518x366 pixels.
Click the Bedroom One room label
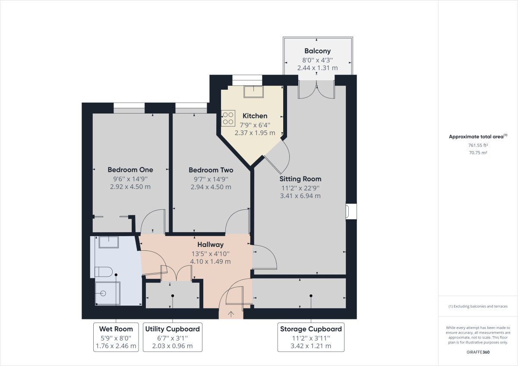coord(130,170)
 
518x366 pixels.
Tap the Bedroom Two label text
coord(211,170)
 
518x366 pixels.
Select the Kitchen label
coord(255,116)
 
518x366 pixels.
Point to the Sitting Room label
coord(300,179)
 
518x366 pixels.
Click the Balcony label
coord(318,51)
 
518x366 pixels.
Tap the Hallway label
coord(211,245)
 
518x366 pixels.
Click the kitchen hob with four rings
coord(228,118)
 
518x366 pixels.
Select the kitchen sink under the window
coord(253,92)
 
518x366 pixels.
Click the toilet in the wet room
coord(104,271)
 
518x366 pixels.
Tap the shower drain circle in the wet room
coord(103,293)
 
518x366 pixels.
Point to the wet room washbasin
coord(109,242)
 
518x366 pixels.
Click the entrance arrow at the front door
coord(231,314)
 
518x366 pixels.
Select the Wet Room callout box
coord(116,337)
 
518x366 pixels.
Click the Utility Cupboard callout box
coord(173,337)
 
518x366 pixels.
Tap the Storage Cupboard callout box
coord(311,337)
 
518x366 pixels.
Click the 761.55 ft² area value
coord(478,145)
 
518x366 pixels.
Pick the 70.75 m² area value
coord(478,153)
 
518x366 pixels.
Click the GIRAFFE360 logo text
coord(478,352)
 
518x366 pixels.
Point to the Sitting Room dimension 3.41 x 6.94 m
coord(300,196)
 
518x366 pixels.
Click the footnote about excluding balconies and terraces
coord(478,306)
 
